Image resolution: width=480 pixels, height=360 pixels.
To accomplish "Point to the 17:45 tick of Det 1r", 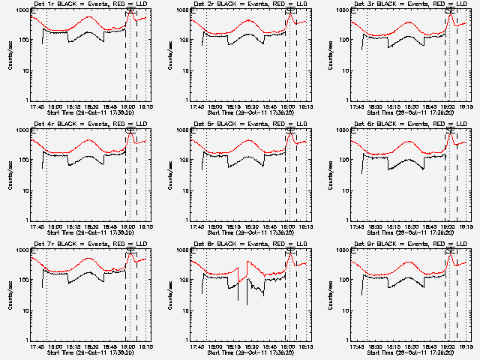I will pos(37,106).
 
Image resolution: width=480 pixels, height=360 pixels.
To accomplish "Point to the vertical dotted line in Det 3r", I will pos(367,60).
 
